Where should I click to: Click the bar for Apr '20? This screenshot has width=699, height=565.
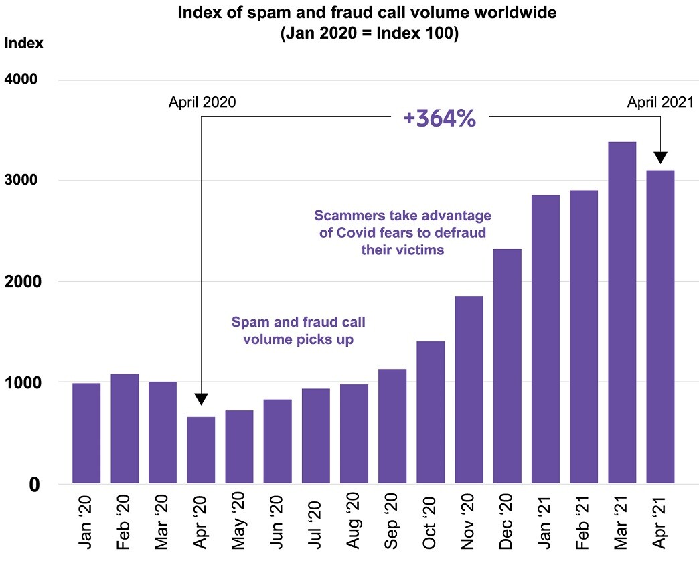(x=201, y=450)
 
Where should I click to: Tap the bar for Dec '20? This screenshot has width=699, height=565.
(x=507, y=366)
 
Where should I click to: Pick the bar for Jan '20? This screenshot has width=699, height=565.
(x=86, y=433)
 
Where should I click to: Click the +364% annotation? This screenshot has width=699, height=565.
(x=439, y=118)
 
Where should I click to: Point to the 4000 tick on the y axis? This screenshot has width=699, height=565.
(x=23, y=80)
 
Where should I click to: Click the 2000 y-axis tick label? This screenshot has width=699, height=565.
(x=23, y=282)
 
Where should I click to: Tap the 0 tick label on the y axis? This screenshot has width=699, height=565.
(x=33, y=484)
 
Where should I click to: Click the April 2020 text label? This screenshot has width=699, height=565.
(x=202, y=102)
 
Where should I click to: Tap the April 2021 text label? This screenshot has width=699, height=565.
(x=660, y=102)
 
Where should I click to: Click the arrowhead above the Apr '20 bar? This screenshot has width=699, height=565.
(x=201, y=398)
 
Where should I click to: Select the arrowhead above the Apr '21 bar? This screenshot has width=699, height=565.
(x=660, y=158)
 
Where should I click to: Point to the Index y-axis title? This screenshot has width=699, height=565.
(x=23, y=43)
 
